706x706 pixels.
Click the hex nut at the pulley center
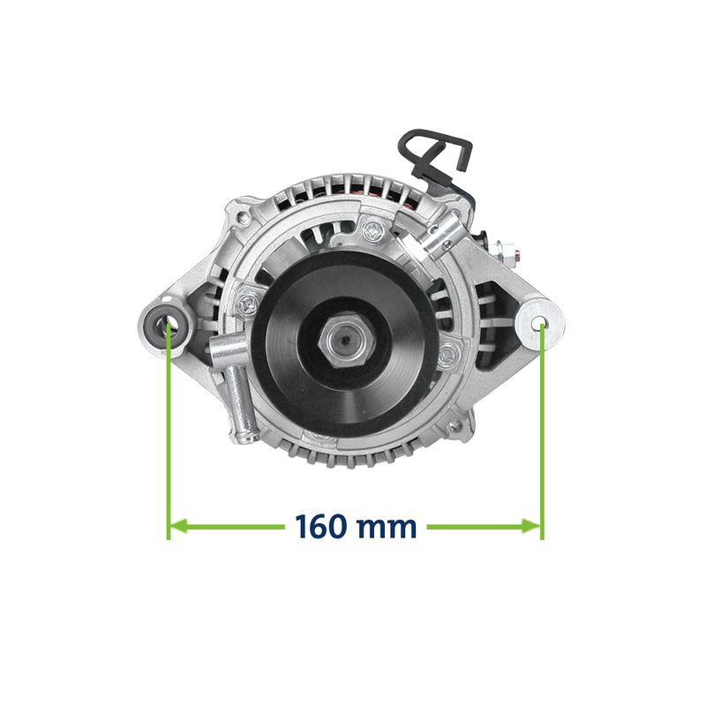tap(345, 341)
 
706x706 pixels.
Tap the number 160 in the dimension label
tap(321, 526)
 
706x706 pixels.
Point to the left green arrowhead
tap(178, 526)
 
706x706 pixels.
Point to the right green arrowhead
tap(531, 526)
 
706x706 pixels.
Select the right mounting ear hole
tap(539, 323)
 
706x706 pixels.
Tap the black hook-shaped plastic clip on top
tap(436, 153)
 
